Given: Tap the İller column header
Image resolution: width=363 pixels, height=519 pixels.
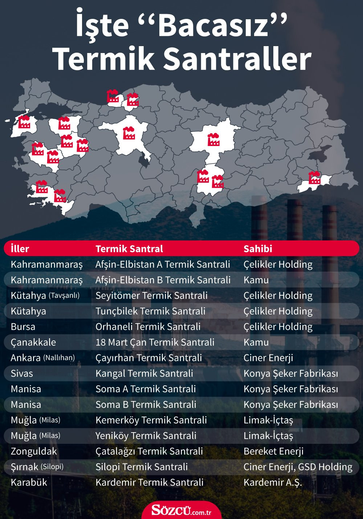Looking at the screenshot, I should point(20,249).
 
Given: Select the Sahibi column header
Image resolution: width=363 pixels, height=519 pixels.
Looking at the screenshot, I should point(258,249).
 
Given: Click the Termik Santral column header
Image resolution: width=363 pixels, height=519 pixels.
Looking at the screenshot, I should point(129,249).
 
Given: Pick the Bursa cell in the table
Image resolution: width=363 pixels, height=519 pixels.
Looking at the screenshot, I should point(23,327).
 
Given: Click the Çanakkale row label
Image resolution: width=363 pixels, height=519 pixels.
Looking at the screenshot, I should point(33,342).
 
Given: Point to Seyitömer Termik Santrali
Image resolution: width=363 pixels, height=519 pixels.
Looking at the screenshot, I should point(151,296).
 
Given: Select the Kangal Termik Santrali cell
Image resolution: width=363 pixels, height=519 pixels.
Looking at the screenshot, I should point(144,373).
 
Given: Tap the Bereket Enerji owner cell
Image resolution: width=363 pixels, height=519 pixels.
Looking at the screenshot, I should point(273,451).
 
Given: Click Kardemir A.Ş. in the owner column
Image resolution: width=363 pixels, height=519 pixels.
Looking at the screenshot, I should point(273,482).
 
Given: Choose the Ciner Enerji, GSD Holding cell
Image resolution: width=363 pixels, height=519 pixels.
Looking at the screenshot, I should point(298,467).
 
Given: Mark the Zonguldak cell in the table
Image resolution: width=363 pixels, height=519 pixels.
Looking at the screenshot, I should point(34,451).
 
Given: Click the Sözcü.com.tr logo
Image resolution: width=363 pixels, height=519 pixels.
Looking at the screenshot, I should point(181,510).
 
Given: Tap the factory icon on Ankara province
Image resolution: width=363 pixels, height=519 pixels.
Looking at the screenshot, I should point(129,133).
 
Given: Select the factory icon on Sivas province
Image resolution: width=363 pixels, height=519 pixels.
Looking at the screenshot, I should point(213,139).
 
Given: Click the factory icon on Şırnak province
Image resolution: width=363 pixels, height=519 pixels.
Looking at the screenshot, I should point(314,178).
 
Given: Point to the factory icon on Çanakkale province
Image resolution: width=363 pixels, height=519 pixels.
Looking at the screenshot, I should point(24,122).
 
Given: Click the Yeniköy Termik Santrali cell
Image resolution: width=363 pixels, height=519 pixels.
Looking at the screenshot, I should point(146,435).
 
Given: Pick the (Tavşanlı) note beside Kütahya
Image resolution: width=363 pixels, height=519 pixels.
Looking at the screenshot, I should point(64,295).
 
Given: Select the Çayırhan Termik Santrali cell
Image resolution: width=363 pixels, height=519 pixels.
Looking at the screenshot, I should point(148,358).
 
